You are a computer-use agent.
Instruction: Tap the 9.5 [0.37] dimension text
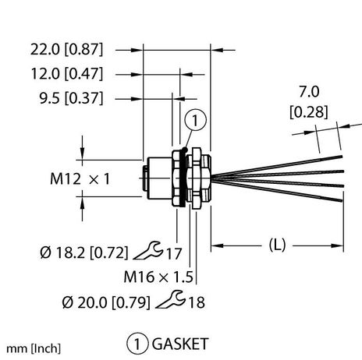coord(69,99)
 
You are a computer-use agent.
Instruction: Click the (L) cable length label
coord(277,245)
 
